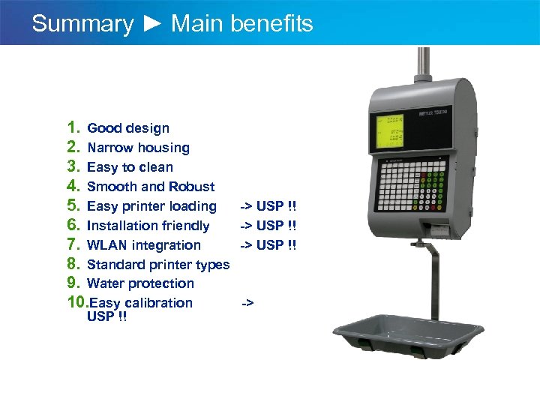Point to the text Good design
point(128,128)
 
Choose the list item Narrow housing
point(138,148)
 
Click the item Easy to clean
point(130,167)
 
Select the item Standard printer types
point(158,264)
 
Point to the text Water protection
point(140,283)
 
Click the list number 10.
point(77,302)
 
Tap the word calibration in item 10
point(161,303)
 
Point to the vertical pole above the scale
point(424,64)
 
